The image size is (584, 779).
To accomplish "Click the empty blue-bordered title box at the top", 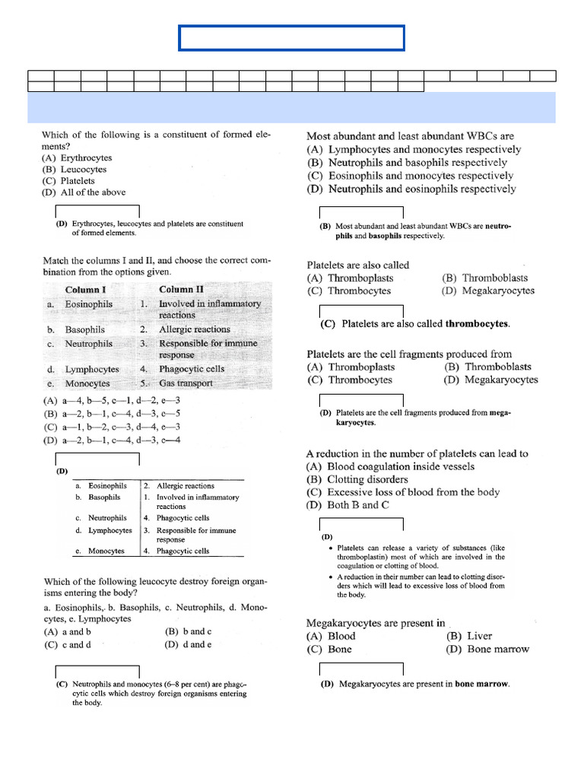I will (x=292, y=38).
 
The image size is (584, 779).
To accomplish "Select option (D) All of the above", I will (x=84, y=192).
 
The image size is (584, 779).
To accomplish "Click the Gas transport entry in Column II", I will (x=186, y=383).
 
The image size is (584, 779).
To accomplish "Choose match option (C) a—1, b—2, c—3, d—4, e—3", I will (x=112, y=428).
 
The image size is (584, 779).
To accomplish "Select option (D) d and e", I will (x=188, y=644).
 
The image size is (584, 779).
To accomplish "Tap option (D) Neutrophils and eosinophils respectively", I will (x=411, y=189).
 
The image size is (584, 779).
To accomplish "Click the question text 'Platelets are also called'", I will (x=357, y=265).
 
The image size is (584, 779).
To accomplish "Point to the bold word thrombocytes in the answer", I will (x=476, y=323).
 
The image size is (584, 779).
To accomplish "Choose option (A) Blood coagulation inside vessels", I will (x=390, y=466).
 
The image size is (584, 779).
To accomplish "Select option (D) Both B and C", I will (x=347, y=505).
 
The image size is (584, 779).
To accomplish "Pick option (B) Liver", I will (x=469, y=636).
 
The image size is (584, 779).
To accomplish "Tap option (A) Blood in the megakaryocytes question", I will (x=331, y=636).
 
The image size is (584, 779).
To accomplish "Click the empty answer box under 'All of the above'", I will (x=97, y=211).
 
